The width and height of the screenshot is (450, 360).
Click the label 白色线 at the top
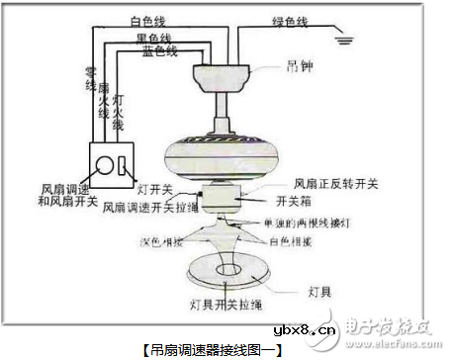click(x=148, y=20)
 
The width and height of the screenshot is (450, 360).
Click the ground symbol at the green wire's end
click(x=344, y=40)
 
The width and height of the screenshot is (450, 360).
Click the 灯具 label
click(x=315, y=293)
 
